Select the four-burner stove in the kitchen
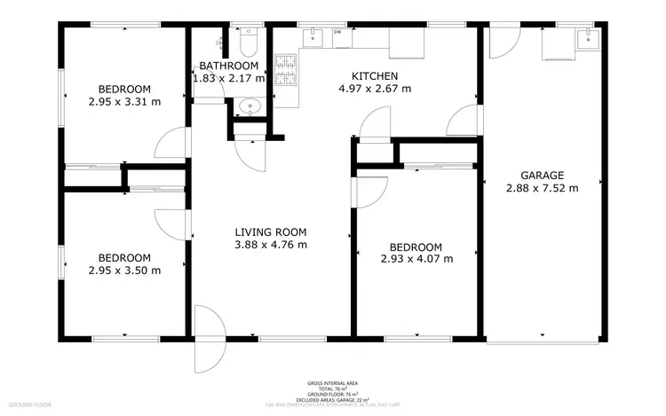(288, 71)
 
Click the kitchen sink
(314, 36)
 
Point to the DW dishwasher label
(337, 33)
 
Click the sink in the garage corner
(585, 38)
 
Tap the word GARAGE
(542, 175)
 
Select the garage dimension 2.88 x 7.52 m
(542, 188)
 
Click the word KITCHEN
(374, 76)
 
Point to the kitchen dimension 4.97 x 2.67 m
(374, 89)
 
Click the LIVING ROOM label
(271, 232)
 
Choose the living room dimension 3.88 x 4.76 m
(271, 245)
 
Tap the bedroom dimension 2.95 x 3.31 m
(124, 102)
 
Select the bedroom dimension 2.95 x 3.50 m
(124, 271)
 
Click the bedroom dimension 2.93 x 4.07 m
(416, 259)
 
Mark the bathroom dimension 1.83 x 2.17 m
(228, 78)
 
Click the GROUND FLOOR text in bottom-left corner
(30, 404)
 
